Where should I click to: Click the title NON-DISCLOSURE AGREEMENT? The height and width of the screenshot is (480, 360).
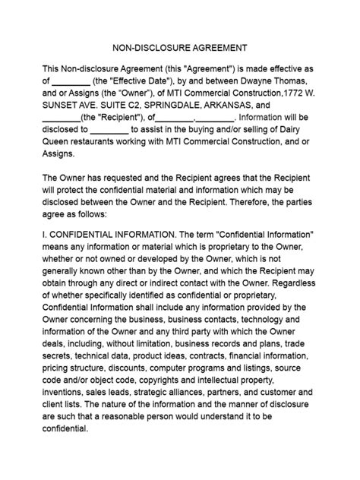[x=180, y=46]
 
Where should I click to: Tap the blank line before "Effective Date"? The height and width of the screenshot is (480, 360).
[x=71, y=81]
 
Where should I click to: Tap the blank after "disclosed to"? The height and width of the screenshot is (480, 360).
[x=114, y=131]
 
